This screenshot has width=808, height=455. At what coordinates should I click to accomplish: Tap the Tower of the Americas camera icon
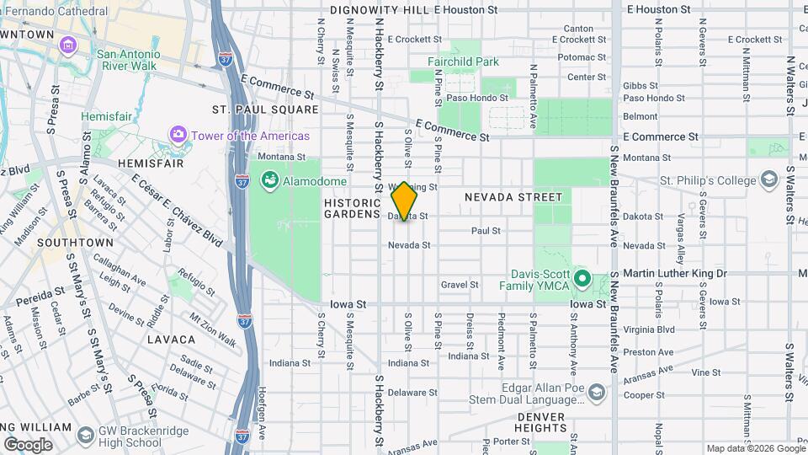point(178,135)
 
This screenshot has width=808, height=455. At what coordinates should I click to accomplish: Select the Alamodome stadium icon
point(270,180)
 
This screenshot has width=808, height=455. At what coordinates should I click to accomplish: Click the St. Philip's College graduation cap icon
point(768,179)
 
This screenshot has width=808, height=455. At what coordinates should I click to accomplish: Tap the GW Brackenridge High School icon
point(85,435)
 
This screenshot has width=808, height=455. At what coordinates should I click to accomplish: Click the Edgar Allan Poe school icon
point(597,393)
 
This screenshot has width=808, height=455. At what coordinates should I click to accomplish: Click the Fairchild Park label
point(463,62)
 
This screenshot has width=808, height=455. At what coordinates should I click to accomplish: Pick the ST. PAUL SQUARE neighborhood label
point(265,110)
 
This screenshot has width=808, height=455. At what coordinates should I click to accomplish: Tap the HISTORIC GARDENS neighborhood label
point(353,208)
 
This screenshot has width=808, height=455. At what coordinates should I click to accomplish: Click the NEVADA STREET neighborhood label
point(513,196)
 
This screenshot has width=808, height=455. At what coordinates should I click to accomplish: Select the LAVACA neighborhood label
point(171,340)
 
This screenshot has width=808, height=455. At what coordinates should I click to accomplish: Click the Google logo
point(27,444)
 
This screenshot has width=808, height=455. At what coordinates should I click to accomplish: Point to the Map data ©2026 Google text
point(754,448)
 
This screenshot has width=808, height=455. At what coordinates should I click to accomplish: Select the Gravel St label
point(460,285)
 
